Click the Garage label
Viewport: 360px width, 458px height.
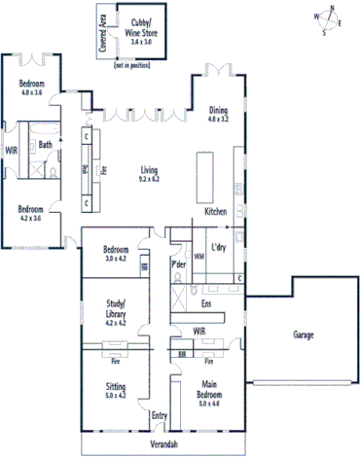pyautogui.click(x=304, y=335)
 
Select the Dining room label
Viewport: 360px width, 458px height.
pyautogui.click(x=218, y=114)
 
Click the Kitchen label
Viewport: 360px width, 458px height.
pyautogui.click(x=215, y=211)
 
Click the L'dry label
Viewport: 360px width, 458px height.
pyautogui.click(x=218, y=248)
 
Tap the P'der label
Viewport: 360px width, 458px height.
pyautogui.click(x=179, y=264)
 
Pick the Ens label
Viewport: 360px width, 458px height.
pyautogui.click(x=205, y=304)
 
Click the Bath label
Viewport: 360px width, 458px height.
pyautogui.click(x=45, y=146)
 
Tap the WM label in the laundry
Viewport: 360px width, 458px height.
pyautogui.click(x=199, y=257)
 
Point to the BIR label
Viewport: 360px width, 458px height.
pyautogui.click(x=183, y=357)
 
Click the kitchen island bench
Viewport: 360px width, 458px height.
pyautogui.click(x=203, y=172)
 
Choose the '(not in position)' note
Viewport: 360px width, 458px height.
pyautogui.click(x=133, y=64)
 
